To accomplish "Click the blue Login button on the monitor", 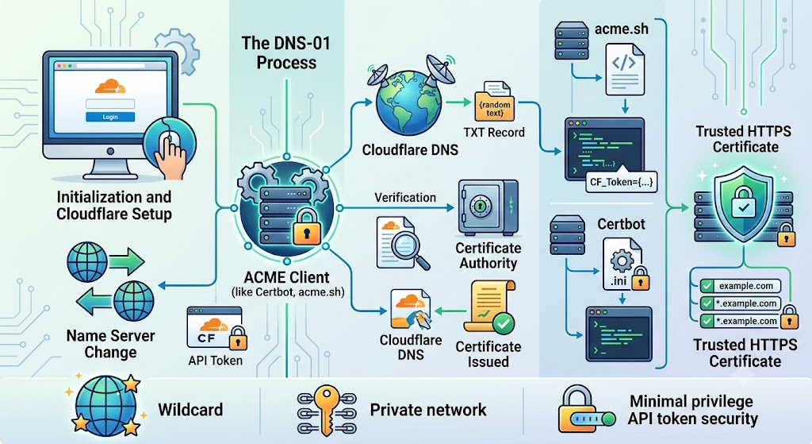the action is click(109, 117).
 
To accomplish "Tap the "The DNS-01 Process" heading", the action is click(286, 52).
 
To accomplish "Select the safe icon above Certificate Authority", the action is click(488, 208).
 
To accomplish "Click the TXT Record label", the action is click(494, 133).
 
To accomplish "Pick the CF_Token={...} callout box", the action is click(621, 182).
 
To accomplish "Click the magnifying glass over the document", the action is click(408, 249).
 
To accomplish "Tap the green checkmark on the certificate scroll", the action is click(503, 323).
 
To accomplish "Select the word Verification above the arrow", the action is click(405, 198).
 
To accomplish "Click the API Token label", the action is click(215, 360).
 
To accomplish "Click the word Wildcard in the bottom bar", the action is click(190, 410).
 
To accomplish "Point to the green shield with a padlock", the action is click(744, 204).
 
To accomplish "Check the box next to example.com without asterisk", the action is click(707, 286).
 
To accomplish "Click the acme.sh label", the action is click(622, 29).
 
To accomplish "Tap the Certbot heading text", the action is click(621, 224).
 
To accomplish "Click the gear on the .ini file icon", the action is click(621, 261).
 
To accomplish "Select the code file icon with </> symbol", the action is click(625, 70).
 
